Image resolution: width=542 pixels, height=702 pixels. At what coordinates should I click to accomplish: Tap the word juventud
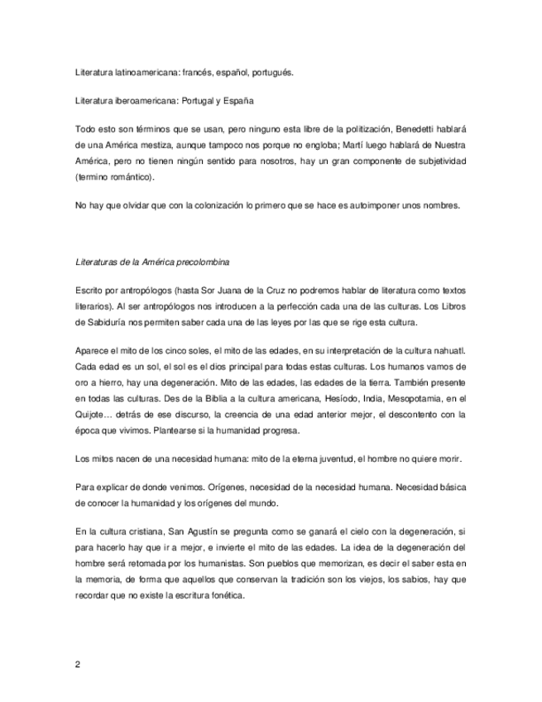click(x=338, y=457)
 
